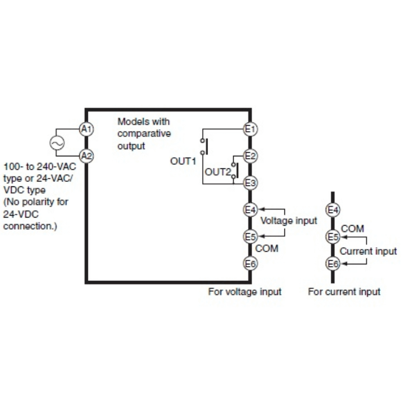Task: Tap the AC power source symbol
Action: click(x=56, y=143)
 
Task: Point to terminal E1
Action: click(x=250, y=129)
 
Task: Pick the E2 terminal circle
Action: click(x=250, y=156)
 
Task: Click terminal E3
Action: click(x=250, y=183)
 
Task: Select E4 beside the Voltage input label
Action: click(x=250, y=209)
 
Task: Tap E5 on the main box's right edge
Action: click(x=250, y=236)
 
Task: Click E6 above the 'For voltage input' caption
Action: click(x=250, y=262)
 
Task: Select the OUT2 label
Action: click(x=217, y=172)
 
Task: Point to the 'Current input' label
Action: click(x=368, y=251)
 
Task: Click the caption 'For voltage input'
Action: click(x=245, y=291)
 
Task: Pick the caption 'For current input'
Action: click(x=344, y=291)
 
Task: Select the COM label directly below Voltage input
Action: click(x=267, y=248)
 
